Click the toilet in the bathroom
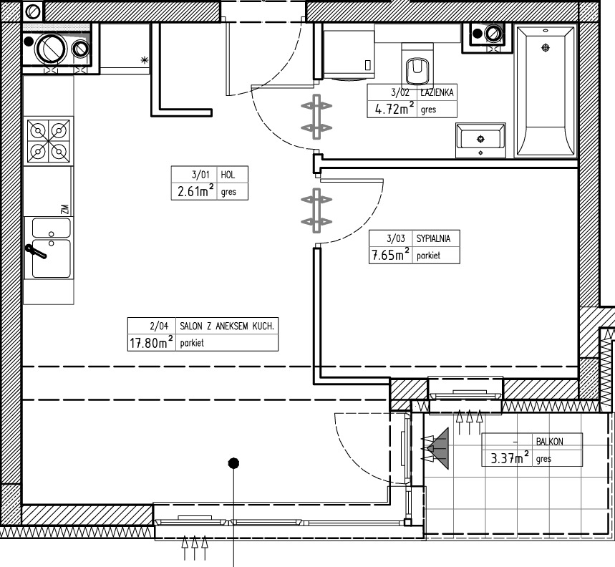[x=417, y=66]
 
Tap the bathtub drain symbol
[x=545, y=48]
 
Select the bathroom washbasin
[x=480, y=140]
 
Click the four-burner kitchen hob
[x=49, y=141]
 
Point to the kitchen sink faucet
[x=36, y=251]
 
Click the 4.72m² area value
[x=394, y=108]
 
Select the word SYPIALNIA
[x=433, y=238]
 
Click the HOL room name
[x=228, y=175]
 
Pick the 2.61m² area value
[x=195, y=191]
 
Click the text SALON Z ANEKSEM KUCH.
[x=227, y=326]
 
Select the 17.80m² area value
[x=151, y=342]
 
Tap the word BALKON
[x=550, y=442]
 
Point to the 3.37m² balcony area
[x=510, y=457]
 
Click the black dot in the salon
[x=234, y=463]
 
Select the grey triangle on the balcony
[x=438, y=448]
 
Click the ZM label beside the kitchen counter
[x=65, y=209]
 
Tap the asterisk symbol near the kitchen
[x=145, y=60]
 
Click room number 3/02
[x=400, y=92]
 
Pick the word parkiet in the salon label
[x=192, y=343]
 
